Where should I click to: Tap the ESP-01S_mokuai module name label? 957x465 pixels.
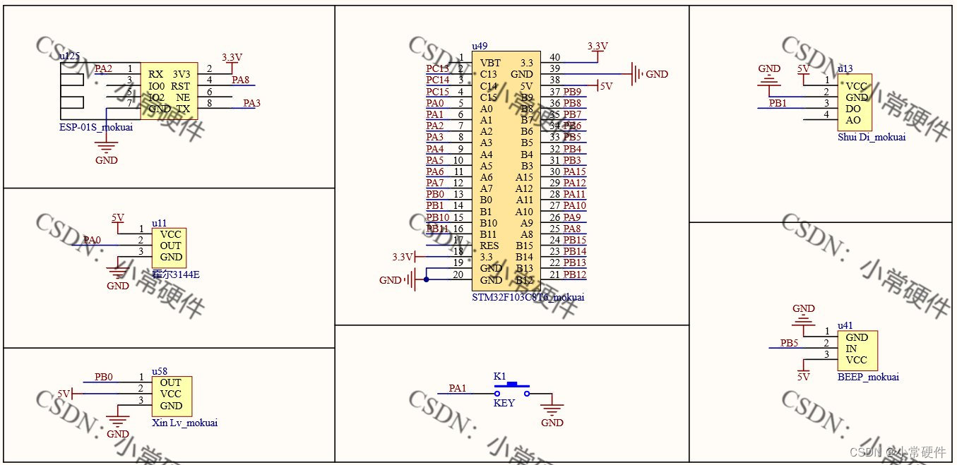coord(96,127)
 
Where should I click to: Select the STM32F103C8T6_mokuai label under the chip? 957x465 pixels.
coord(528,297)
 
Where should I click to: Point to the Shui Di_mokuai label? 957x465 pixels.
coord(871,137)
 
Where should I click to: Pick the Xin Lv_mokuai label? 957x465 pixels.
coord(184,423)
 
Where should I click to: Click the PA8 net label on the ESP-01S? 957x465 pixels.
coord(241,80)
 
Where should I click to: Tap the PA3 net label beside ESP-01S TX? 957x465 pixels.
coord(251,103)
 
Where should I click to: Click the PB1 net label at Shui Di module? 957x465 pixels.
coord(778,104)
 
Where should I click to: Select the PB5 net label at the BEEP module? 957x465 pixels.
coord(789,343)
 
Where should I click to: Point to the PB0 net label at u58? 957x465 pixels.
coord(104,378)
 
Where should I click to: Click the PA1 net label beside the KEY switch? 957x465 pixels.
coord(458,388)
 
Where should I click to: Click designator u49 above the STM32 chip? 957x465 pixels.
coord(480,45)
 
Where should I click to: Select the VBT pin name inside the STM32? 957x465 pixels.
coord(490,63)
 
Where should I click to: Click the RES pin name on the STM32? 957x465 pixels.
coord(489,246)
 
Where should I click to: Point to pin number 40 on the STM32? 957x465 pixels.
coord(554,58)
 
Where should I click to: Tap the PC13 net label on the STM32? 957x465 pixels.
coord(437,68)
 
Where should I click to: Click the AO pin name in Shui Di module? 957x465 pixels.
coord(853,120)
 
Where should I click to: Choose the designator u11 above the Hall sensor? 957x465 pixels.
coord(159,223)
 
